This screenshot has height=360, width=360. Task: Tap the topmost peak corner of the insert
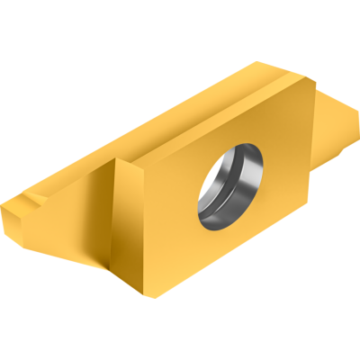[x=260, y=62]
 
